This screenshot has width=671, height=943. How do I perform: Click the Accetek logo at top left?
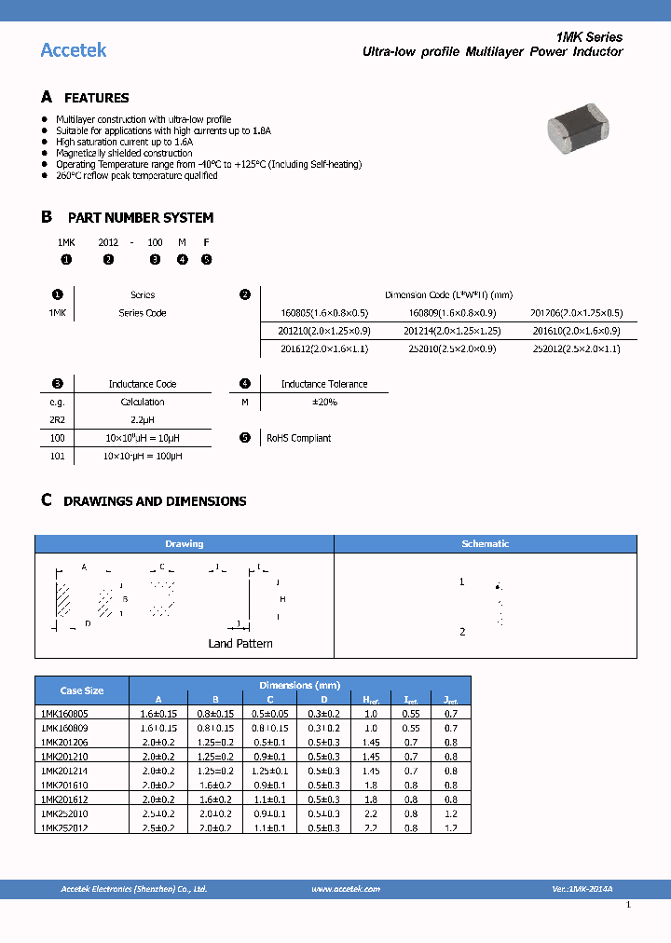[x=74, y=50]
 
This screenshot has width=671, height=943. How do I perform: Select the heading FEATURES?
[x=96, y=98]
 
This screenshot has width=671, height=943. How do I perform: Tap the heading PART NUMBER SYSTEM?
[x=141, y=217]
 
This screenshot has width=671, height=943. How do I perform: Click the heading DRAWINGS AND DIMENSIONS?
[x=155, y=501]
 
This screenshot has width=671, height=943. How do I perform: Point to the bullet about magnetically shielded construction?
[x=124, y=153]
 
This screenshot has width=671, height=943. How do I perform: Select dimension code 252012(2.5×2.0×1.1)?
[x=577, y=348]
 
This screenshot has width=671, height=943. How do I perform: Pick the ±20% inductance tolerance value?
[x=323, y=402]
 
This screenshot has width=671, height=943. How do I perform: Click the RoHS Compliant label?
[x=298, y=438]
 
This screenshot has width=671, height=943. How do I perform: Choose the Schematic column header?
[x=486, y=543]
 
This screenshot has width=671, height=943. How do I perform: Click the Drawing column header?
[x=185, y=543]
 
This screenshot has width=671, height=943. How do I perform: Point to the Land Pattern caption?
[x=240, y=644]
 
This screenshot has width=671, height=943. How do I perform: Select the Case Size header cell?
[x=82, y=690]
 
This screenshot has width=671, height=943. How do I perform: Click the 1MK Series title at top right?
[x=589, y=37]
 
